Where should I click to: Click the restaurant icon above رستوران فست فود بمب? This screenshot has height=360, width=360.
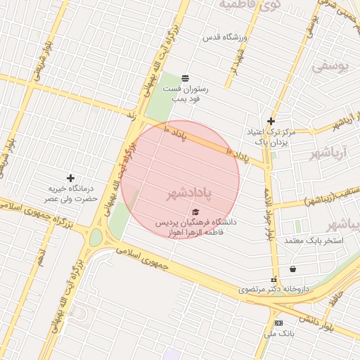[x=184, y=77]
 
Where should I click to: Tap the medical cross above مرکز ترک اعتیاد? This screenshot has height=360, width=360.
[x=271, y=121]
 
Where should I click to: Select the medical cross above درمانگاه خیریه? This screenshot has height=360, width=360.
[x=70, y=178]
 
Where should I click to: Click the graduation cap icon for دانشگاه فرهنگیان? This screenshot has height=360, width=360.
[x=195, y=212]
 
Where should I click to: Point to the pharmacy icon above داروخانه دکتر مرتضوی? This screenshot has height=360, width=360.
[x=274, y=279]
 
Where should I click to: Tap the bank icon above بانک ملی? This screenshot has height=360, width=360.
[x=278, y=323]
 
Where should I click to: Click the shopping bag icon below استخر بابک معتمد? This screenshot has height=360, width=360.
[x=292, y=268]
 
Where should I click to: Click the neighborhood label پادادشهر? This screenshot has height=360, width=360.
[x=189, y=191]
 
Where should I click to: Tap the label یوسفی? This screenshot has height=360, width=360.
[x=330, y=67]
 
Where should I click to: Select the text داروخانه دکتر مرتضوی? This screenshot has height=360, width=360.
[x=274, y=289]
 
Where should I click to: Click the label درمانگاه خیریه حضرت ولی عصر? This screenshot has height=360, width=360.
[x=71, y=194]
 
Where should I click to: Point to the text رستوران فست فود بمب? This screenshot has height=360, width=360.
[x=182, y=94]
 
